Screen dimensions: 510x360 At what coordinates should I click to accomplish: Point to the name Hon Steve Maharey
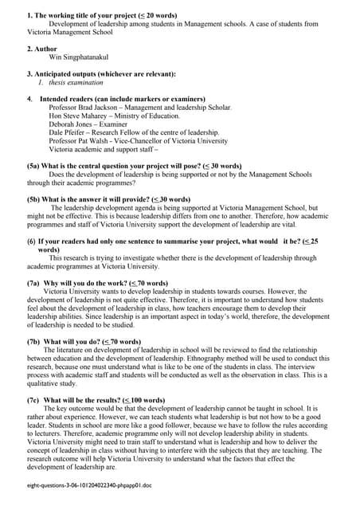tap(83, 116)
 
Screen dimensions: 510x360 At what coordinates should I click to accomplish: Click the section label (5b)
tap(37, 198)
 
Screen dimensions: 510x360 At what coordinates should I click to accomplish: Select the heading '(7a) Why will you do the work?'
tap(80, 283)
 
